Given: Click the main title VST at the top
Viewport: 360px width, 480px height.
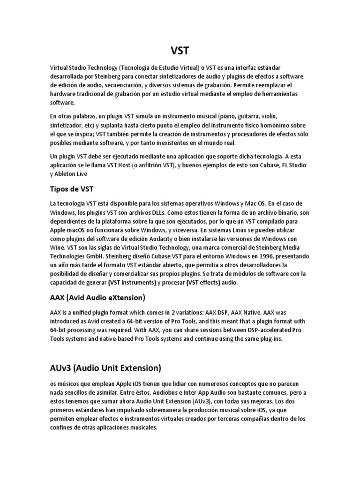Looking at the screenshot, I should coord(180,50).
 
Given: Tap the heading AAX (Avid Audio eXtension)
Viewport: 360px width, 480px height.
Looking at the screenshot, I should coord(97,297).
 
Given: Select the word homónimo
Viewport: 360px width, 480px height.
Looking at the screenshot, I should coord(277,125).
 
